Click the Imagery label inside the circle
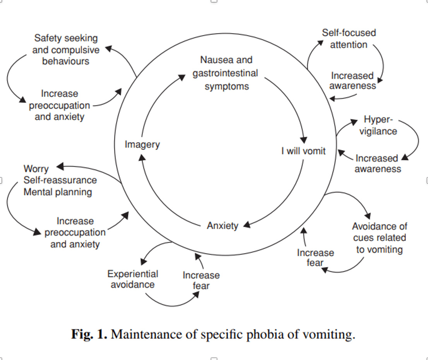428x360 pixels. pos(142,144)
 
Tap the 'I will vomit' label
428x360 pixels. pos(303,151)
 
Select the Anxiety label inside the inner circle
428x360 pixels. pos(223,225)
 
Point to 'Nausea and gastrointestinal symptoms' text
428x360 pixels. pos(226,73)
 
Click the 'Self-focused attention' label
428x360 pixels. pos(349,39)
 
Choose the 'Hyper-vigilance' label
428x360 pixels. pos(378,125)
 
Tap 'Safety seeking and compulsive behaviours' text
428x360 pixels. pos(66,50)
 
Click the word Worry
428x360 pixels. pos(36,169)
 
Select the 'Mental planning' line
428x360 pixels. pos(58,192)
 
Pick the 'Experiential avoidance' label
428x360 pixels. pos(133,279)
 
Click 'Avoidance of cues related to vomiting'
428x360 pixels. pos(379,238)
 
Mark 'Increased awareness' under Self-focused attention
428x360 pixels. pos(353,81)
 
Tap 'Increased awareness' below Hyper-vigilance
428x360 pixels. pos(377,163)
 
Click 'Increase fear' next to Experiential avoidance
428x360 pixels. pos(201,280)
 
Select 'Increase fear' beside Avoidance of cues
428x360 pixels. pos(315,257)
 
